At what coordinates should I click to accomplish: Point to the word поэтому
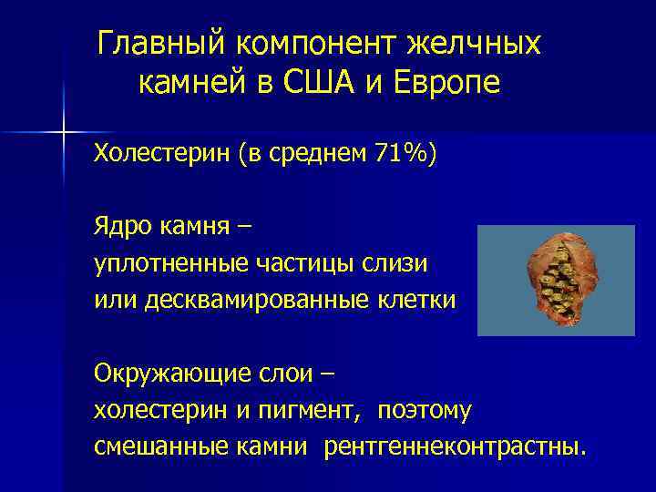[x=421, y=411]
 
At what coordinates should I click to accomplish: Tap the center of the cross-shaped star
[x=64, y=133]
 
